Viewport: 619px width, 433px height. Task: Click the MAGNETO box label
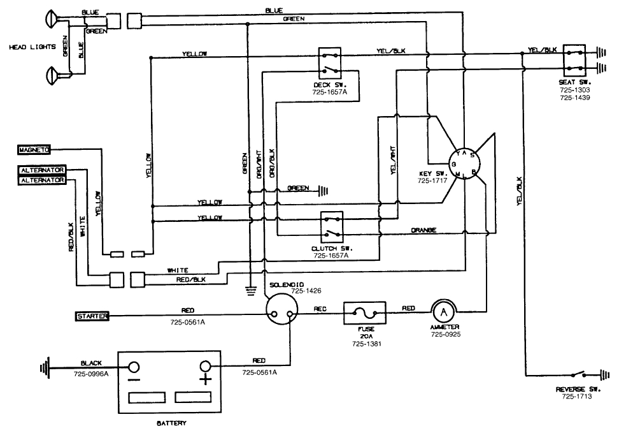pos(34,150)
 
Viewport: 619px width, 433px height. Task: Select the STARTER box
pos(92,316)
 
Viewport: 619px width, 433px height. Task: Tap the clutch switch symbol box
pos(331,226)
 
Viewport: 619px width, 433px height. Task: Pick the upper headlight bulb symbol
pos(52,18)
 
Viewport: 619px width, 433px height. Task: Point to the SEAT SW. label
pos(575,83)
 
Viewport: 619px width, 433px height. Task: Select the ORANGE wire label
pos(423,230)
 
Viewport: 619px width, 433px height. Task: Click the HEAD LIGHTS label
pos(32,47)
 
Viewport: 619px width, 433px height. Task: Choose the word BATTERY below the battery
pos(171,422)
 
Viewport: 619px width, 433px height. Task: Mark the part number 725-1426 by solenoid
pos(306,291)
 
